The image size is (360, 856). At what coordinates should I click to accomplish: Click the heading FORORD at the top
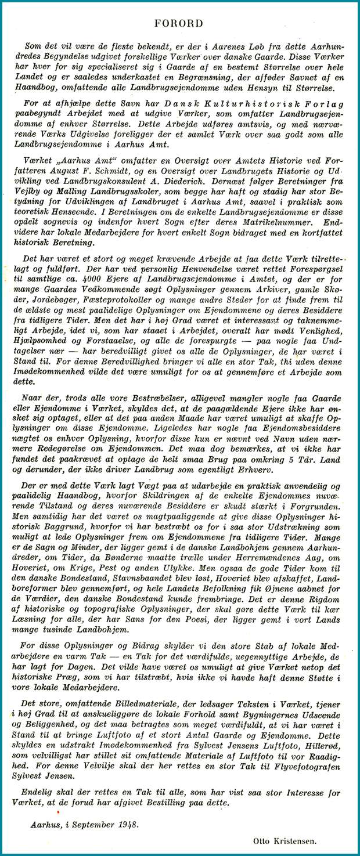coord(179,23)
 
